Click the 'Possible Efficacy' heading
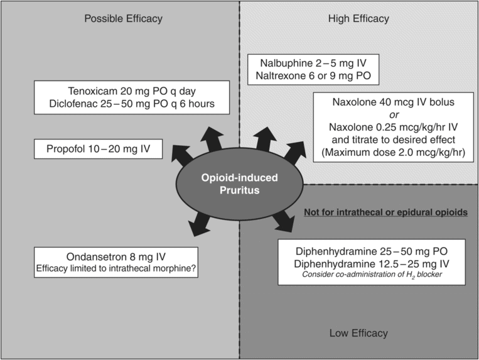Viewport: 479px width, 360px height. click(x=123, y=19)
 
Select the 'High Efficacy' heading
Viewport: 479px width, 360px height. click(x=358, y=19)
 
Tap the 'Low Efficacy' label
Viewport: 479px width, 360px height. click(x=358, y=333)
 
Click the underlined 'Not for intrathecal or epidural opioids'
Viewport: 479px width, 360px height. click(x=384, y=212)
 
